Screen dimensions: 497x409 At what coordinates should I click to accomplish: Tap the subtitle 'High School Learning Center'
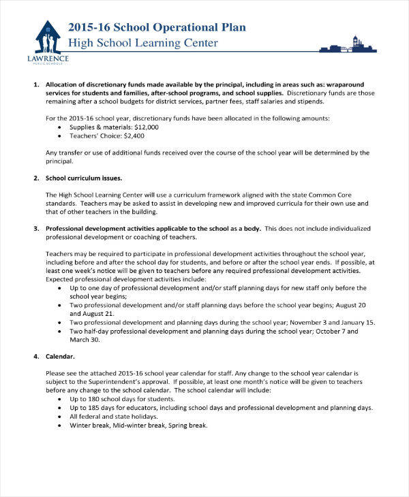coord(142,44)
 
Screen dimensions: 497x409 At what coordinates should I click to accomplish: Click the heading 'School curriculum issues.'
coord(84,178)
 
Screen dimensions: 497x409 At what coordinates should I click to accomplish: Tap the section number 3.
coord(36,228)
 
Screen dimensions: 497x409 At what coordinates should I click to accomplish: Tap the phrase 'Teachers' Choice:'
coord(95,136)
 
